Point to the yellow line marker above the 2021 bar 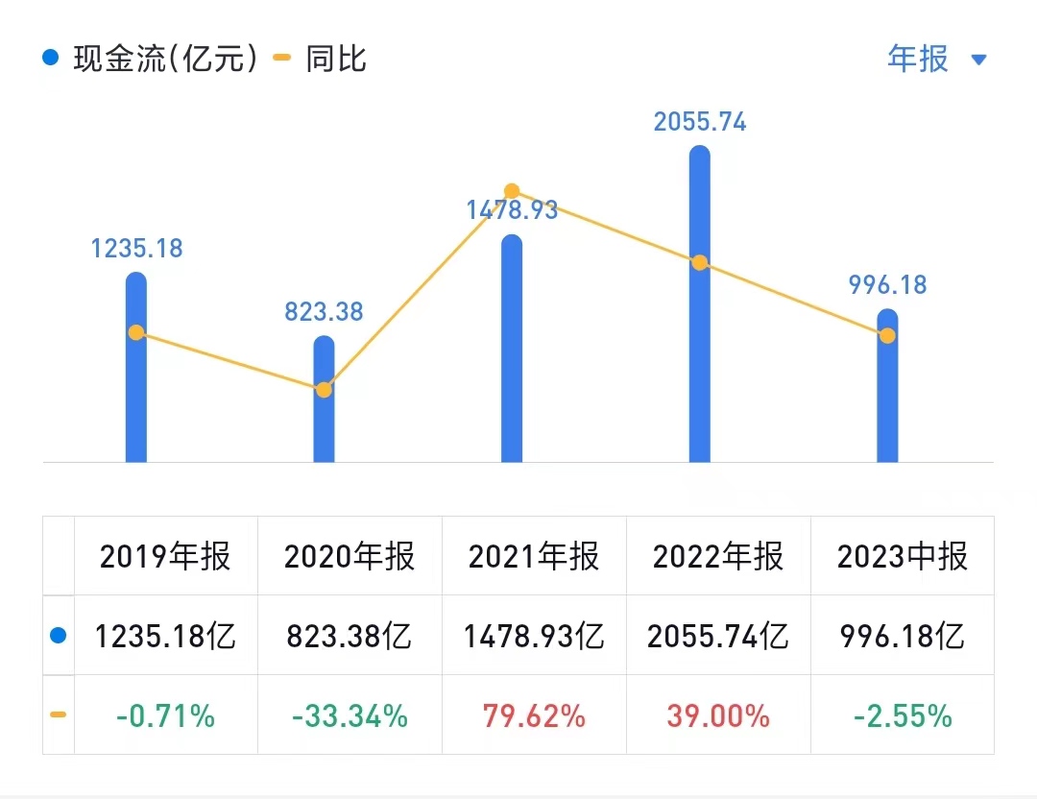tap(512, 191)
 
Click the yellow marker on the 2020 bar tap(324, 390)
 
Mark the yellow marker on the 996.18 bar tap(887, 335)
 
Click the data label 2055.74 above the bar tap(700, 122)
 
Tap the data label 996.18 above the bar tap(887, 285)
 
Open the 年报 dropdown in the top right tap(936, 60)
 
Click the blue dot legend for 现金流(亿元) tap(51, 59)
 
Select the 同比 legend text tap(336, 60)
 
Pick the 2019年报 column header tap(165, 556)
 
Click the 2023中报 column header tap(903, 556)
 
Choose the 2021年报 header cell tap(534, 556)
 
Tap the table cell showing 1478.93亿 tap(534, 636)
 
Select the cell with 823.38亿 tap(350, 636)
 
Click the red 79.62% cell tap(534, 715)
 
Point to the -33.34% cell tap(350, 715)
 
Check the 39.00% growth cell tap(718, 715)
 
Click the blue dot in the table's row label tap(58, 636)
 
